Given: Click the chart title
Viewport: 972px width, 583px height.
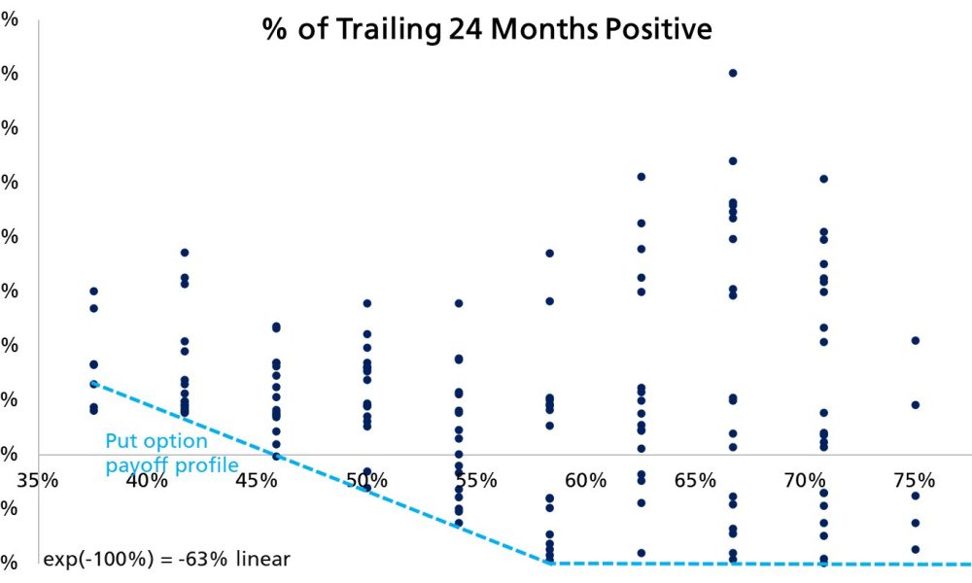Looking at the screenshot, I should pyautogui.click(x=487, y=29).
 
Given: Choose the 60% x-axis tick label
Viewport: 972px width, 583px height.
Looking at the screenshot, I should pyautogui.click(x=586, y=480).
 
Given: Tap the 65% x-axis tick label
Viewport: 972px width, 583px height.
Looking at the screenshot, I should pyautogui.click(x=695, y=480).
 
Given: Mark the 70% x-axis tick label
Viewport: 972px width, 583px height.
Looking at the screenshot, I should pyautogui.click(x=805, y=480).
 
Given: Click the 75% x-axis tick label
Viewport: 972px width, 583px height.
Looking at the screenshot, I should pyautogui.click(x=915, y=480).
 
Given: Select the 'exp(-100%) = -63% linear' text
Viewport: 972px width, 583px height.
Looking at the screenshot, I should pyautogui.click(x=167, y=560).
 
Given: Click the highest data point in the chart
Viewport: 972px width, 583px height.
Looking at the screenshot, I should pyautogui.click(x=733, y=73).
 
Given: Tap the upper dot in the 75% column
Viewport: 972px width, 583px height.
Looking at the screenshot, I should pyautogui.click(x=915, y=340).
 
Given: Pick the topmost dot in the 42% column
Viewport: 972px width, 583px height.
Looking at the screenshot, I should pyautogui.click(x=185, y=253).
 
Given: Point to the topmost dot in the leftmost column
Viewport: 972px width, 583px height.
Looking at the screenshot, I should pyautogui.click(x=93, y=291).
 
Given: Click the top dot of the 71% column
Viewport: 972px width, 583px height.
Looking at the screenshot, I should pyautogui.click(x=823, y=179).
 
